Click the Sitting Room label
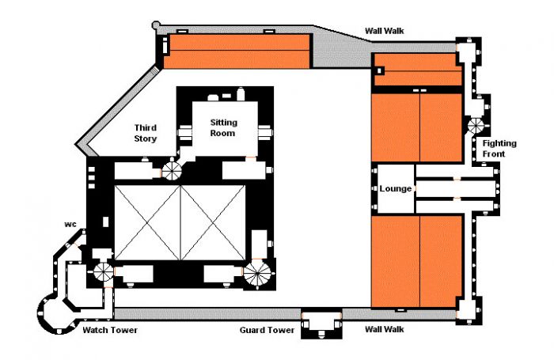tap(223, 127)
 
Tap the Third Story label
tap(145, 133)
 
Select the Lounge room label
tap(396, 188)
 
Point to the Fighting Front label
tap(499, 149)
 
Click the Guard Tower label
tap(267, 330)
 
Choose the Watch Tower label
tap(110, 330)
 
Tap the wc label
tap(70, 225)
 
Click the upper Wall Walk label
tap(385, 31)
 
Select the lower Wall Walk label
tap(385, 329)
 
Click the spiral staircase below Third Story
tap(172, 169)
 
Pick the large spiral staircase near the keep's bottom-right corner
tap(257, 273)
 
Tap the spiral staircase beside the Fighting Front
tap(476, 126)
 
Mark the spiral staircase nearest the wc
tap(103, 271)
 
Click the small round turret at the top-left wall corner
tap(155, 25)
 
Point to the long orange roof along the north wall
tap(237, 51)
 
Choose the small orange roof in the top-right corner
tap(418, 70)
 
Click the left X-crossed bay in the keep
tap(148, 222)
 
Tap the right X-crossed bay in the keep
tap(213, 222)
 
